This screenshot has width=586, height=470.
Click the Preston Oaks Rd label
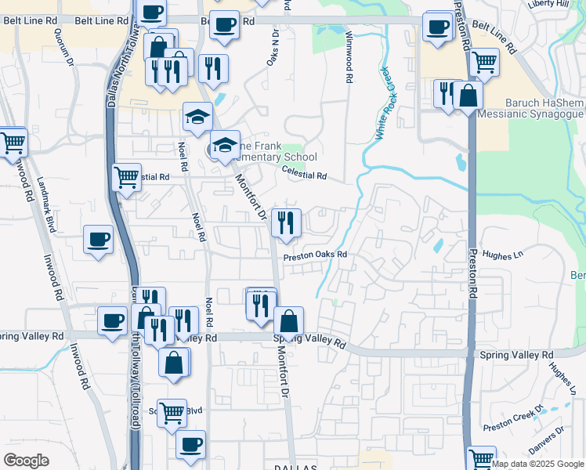click(x=314, y=255)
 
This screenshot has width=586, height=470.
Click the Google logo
click(x=26, y=461)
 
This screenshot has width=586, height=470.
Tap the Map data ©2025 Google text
click(x=538, y=464)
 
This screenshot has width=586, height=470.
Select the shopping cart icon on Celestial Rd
click(x=127, y=176)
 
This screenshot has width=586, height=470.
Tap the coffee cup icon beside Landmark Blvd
click(x=99, y=238)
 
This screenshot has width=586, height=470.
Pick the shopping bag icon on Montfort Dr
click(x=288, y=320)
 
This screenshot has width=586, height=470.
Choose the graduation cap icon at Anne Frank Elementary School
click(x=225, y=144)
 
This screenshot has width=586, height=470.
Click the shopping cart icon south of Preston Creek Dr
click(x=481, y=457)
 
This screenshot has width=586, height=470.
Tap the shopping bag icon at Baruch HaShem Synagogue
click(x=468, y=96)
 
